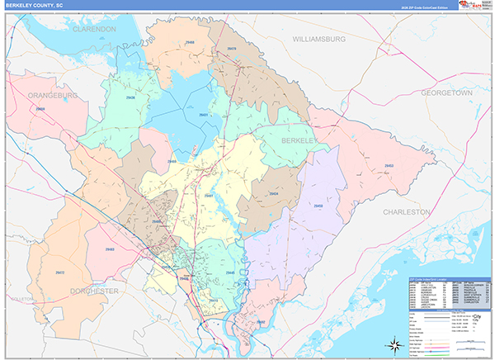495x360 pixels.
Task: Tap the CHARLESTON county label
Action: point(406,212)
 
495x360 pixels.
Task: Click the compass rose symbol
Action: point(395,343)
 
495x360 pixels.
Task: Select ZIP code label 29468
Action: point(191,40)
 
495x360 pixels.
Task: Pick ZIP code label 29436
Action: point(131,97)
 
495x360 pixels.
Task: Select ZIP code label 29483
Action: point(110,249)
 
